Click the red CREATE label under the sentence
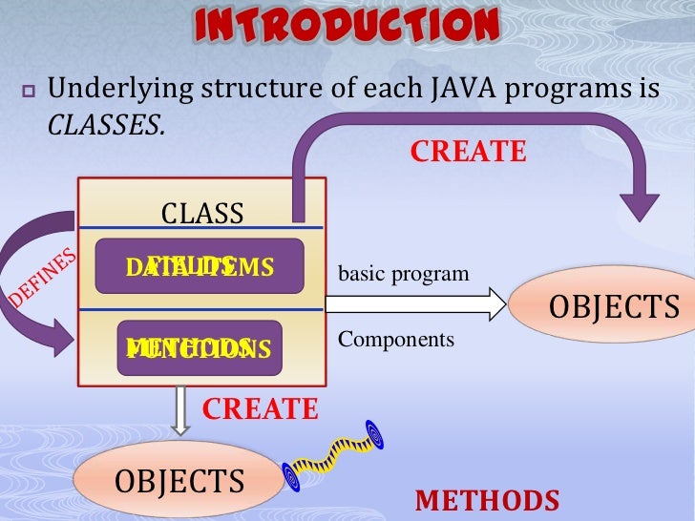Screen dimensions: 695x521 coord(468,152)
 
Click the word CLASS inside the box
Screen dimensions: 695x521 coord(201,213)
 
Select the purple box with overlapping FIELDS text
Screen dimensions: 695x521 coord(200,266)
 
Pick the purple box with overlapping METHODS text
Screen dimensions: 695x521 coord(200,347)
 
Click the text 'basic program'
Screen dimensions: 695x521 coord(404,274)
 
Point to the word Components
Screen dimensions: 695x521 coord(396,340)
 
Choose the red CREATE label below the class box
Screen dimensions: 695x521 coord(260,409)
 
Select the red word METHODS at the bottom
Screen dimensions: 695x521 coord(487,501)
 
